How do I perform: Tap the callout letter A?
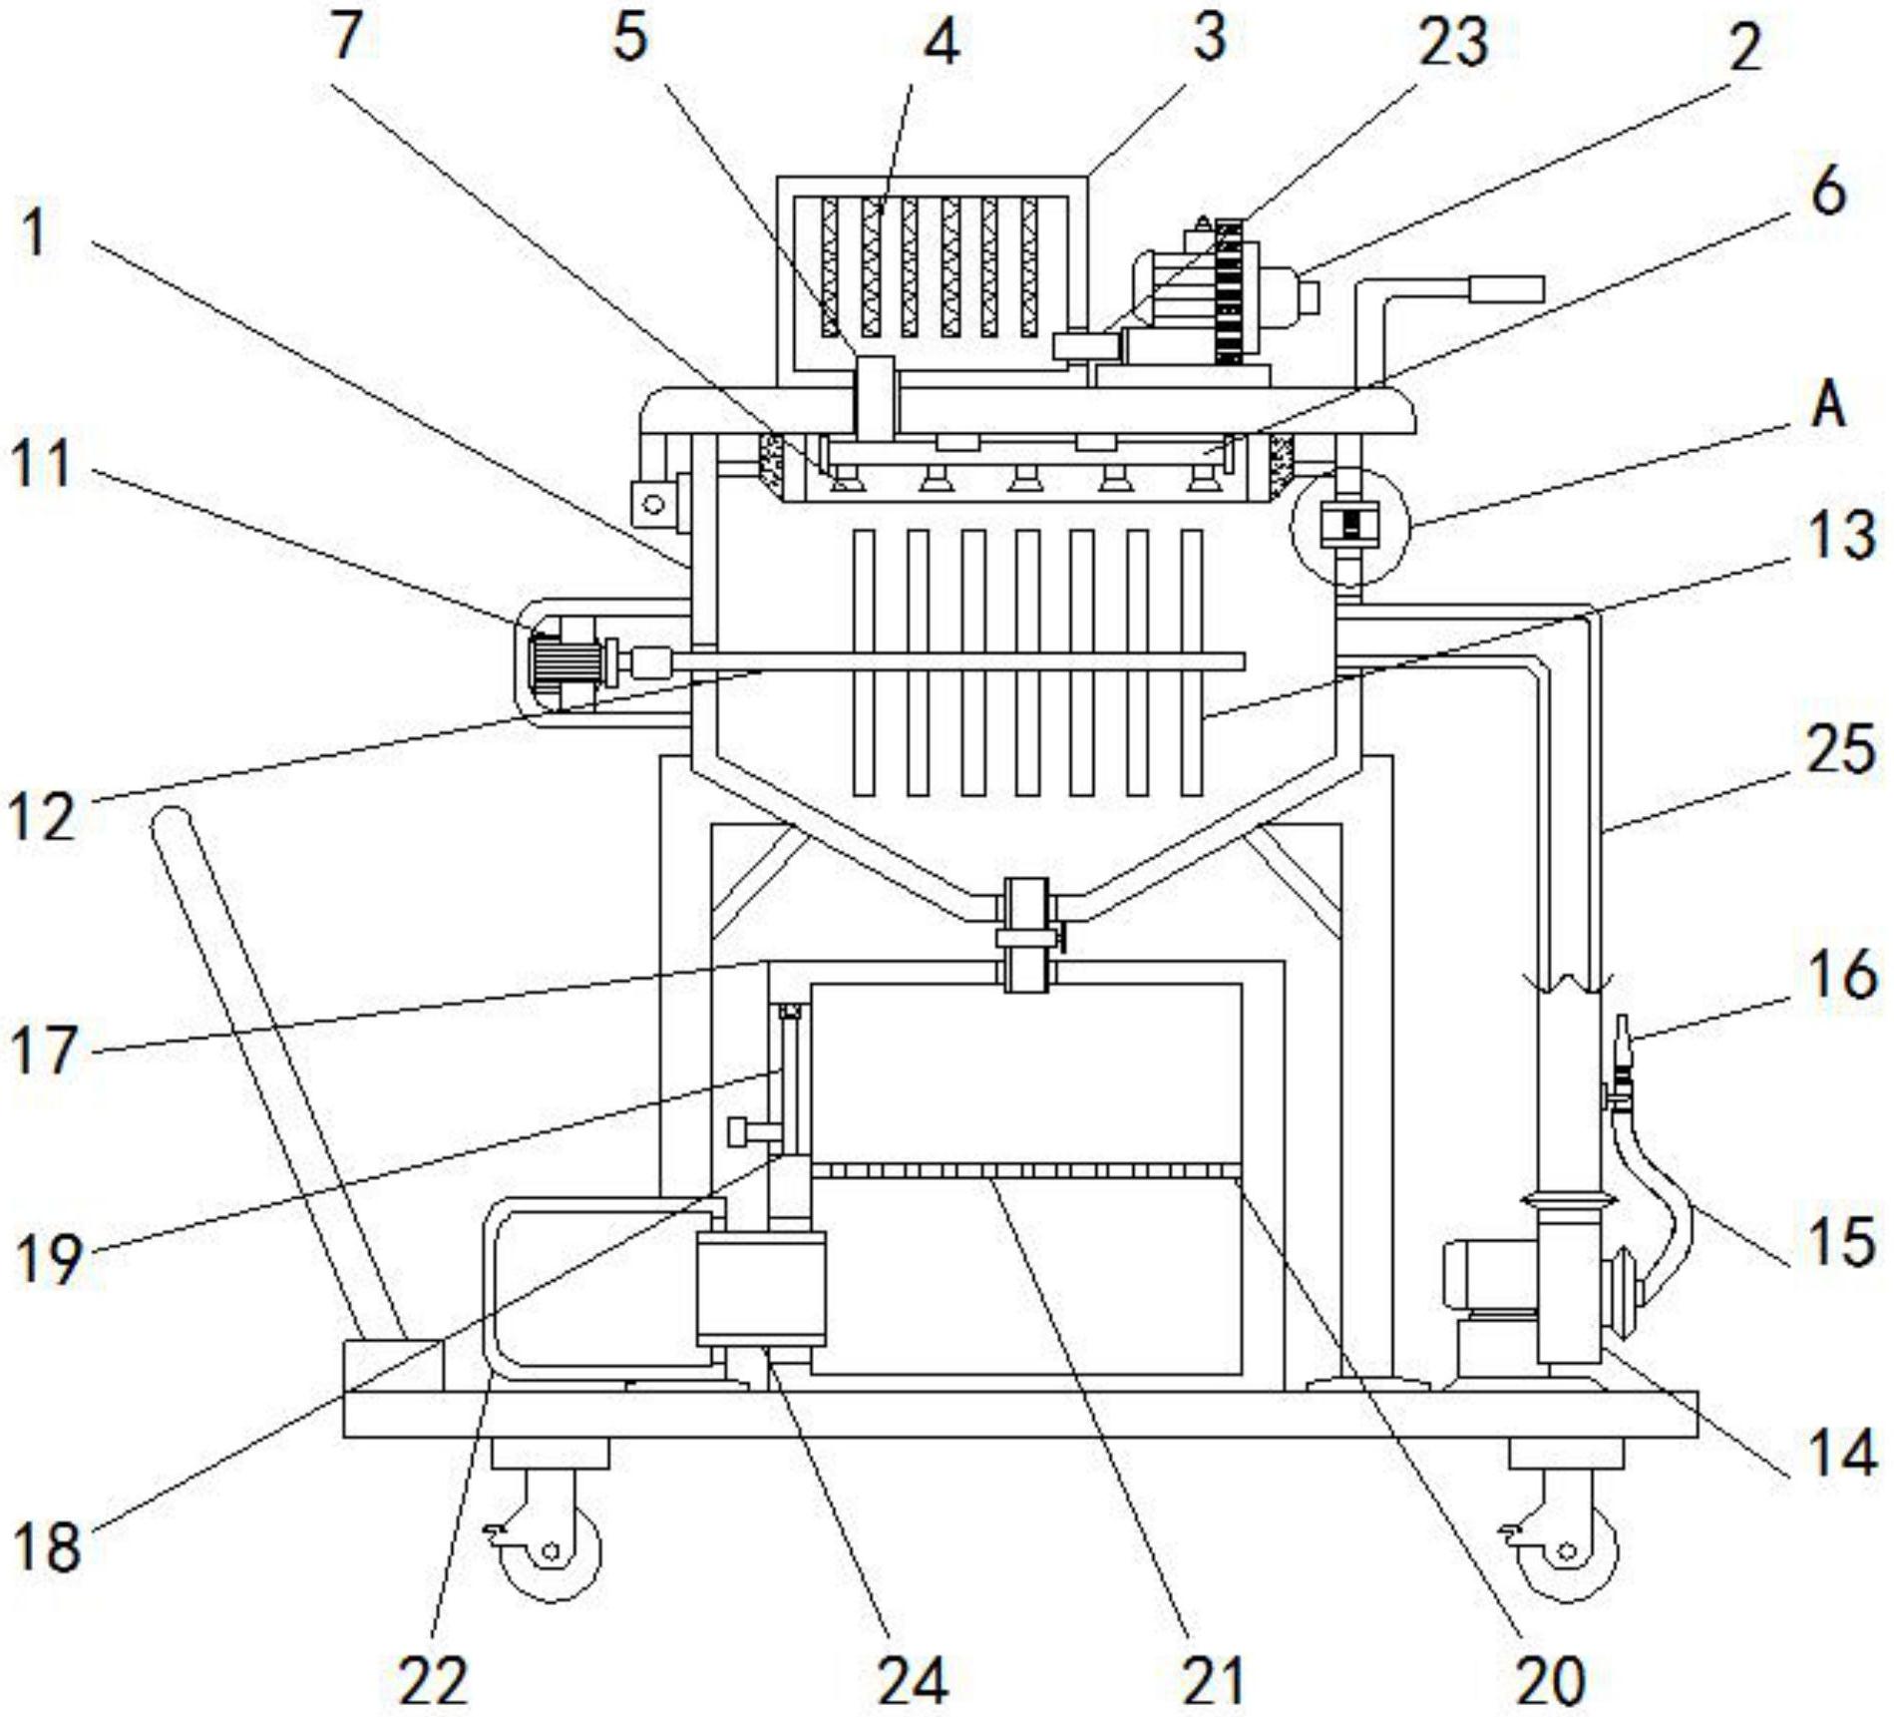(1828, 407)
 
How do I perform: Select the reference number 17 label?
(44, 1051)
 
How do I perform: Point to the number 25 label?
(1840, 750)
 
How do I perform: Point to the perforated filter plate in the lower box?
(1026, 1169)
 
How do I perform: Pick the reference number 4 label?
(942, 42)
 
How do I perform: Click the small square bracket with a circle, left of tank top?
(652, 503)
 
